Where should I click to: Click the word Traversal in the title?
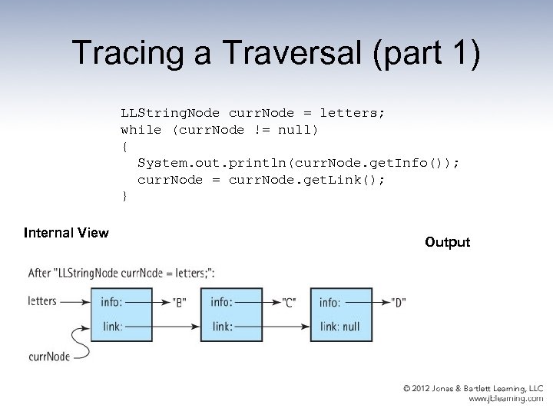tap(270, 54)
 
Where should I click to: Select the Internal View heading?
tap(66, 232)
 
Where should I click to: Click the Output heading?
tap(447, 242)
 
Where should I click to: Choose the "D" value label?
tap(398, 302)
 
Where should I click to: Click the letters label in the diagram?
tap(41, 300)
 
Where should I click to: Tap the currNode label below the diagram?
tap(48, 356)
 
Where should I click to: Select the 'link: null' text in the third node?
tap(339, 327)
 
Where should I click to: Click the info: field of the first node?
tap(111, 302)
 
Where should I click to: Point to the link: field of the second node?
tap(222, 327)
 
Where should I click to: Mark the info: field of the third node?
tap(330, 302)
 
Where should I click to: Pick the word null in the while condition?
tap(294, 130)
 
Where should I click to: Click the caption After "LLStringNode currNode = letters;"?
tap(121, 273)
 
